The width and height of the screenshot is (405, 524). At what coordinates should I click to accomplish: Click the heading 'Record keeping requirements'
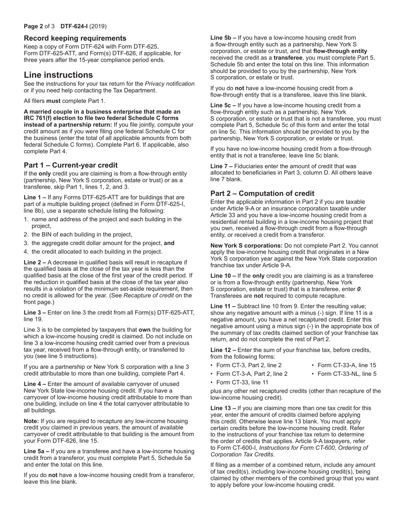pyautogui.click(x=75, y=38)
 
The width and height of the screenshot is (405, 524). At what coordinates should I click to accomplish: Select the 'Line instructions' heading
pyautogui.click(x=58, y=75)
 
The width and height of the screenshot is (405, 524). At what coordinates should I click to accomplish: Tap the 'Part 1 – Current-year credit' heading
pyautogui.click(x=71, y=165)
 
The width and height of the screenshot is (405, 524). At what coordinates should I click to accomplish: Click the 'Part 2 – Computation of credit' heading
pyautogui.click(x=262, y=193)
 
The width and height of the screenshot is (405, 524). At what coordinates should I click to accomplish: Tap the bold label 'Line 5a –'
pyautogui.click(x=36, y=451)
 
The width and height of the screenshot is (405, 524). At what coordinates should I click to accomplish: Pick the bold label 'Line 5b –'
pyautogui.click(x=223, y=38)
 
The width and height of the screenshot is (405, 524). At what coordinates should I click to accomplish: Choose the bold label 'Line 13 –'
pyautogui.click(x=223, y=408)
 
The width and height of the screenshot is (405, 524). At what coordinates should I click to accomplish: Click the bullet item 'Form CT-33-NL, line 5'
pyautogui.click(x=347, y=374)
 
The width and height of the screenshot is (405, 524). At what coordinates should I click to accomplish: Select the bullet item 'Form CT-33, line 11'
pyautogui.click(x=242, y=383)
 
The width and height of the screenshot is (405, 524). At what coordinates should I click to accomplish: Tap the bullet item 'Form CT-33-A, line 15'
pyautogui.click(x=347, y=365)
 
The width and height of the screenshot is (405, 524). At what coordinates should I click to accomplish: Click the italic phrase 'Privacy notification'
pyautogui.click(x=170, y=84)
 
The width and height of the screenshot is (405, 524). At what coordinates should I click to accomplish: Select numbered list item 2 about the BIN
pyautogui.click(x=81, y=234)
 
